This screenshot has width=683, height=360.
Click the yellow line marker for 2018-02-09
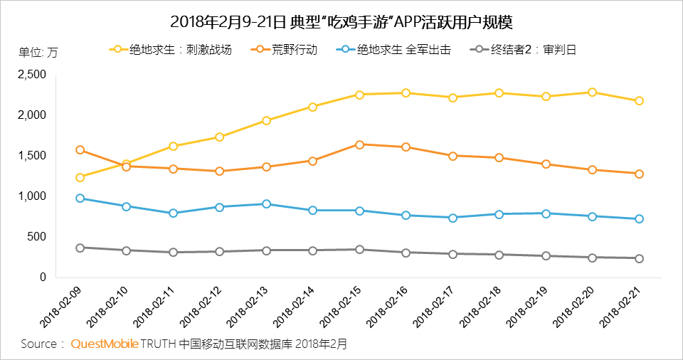coord(80,177)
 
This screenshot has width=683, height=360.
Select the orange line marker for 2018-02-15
coord(359,144)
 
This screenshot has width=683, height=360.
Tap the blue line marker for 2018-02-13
coord(266,203)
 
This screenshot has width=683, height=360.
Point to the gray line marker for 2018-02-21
coord(639,258)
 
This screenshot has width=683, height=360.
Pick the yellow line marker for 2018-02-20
coord(592,92)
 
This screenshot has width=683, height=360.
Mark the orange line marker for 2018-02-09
coord(80,150)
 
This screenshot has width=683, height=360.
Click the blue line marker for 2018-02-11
coord(173,213)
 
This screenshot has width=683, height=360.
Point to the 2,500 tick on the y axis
coord(31,74)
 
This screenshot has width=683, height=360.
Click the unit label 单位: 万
coord(38,52)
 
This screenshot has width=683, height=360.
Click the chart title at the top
coord(341,21)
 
